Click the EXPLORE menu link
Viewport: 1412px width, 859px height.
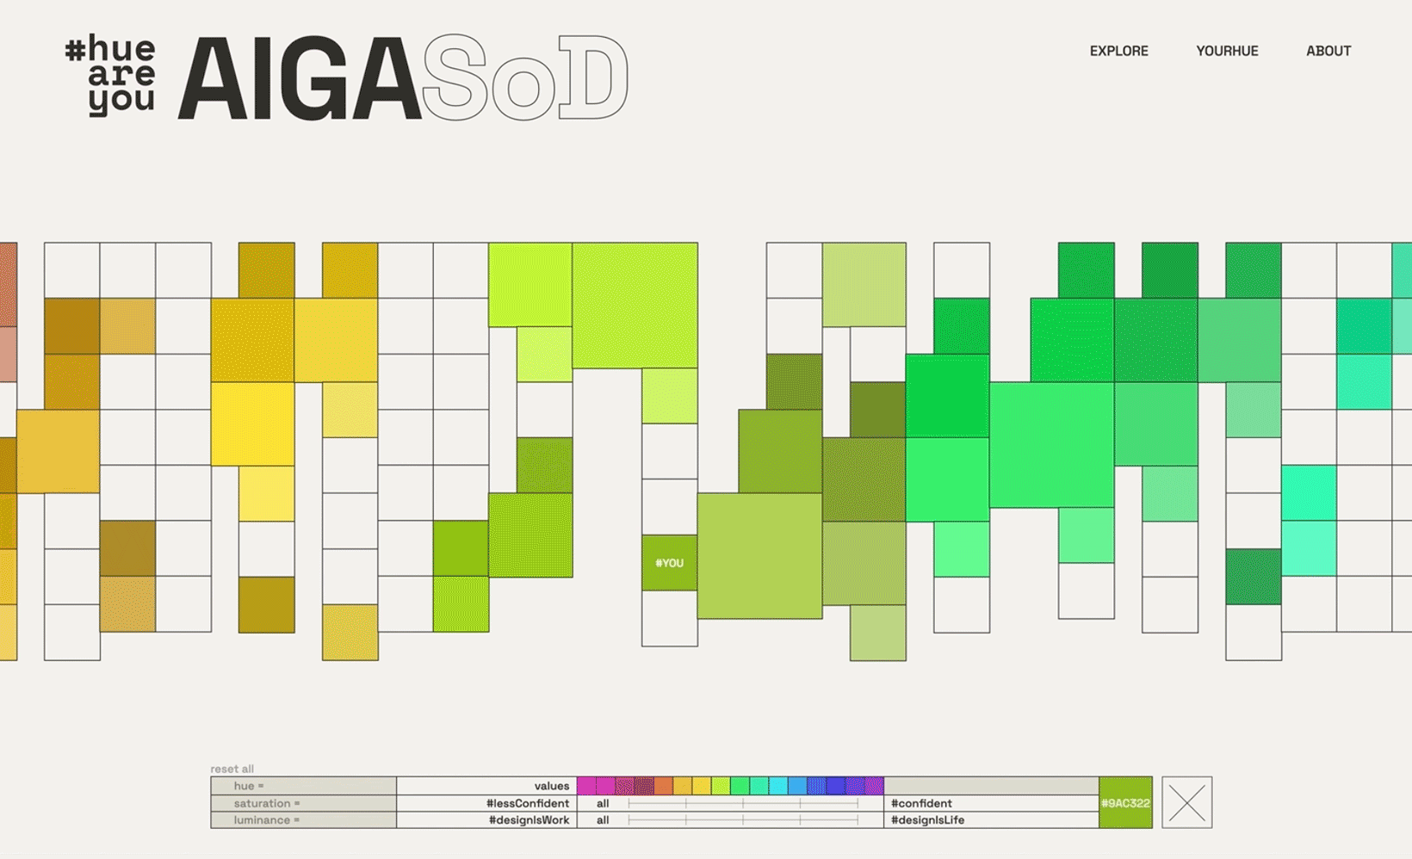[x=1118, y=51]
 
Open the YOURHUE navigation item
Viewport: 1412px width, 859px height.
[x=1227, y=51]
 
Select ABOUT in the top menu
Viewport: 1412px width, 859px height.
[x=1328, y=51]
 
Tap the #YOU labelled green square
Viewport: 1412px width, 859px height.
[x=669, y=563]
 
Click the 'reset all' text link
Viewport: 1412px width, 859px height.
[x=232, y=769]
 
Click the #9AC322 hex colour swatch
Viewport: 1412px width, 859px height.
[x=1125, y=802]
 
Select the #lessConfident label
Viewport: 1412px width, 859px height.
[x=527, y=803]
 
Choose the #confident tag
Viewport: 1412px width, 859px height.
[x=921, y=803]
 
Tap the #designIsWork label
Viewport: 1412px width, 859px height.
[x=529, y=819]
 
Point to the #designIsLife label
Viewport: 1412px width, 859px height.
[x=927, y=819]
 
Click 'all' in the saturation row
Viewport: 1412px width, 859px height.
[x=603, y=803]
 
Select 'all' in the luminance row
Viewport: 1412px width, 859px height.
[x=603, y=819]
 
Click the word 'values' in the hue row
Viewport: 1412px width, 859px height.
[x=551, y=786]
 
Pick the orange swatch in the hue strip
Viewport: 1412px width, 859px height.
[x=663, y=786]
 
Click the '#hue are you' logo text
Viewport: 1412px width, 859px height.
[x=111, y=76]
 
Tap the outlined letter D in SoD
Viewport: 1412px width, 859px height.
[x=592, y=77]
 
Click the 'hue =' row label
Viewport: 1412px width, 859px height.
[x=249, y=786]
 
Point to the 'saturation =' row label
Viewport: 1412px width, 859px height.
[x=267, y=803]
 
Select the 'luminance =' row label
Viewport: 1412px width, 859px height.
[x=267, y=819]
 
